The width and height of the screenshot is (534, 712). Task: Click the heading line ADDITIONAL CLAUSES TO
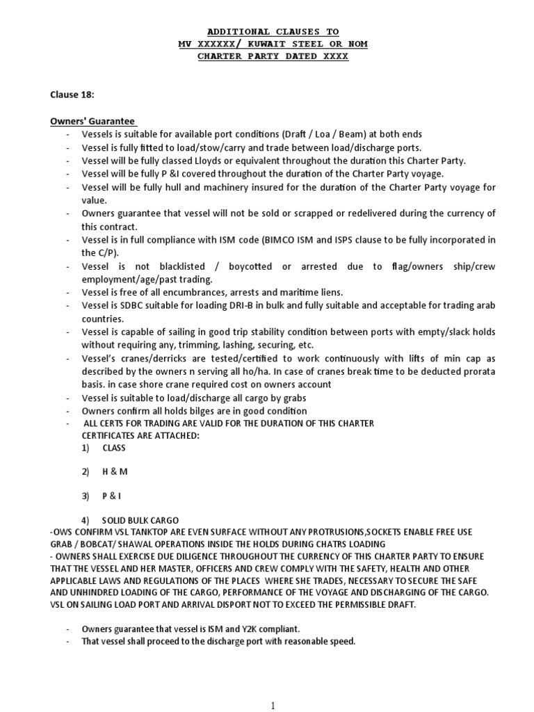point(273,31)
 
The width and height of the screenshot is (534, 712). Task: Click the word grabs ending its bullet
point(292,398)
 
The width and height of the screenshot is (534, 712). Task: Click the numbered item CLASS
point(113,448)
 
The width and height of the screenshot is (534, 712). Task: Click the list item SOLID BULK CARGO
point(140,520)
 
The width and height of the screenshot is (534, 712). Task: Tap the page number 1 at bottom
point(273,705)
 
